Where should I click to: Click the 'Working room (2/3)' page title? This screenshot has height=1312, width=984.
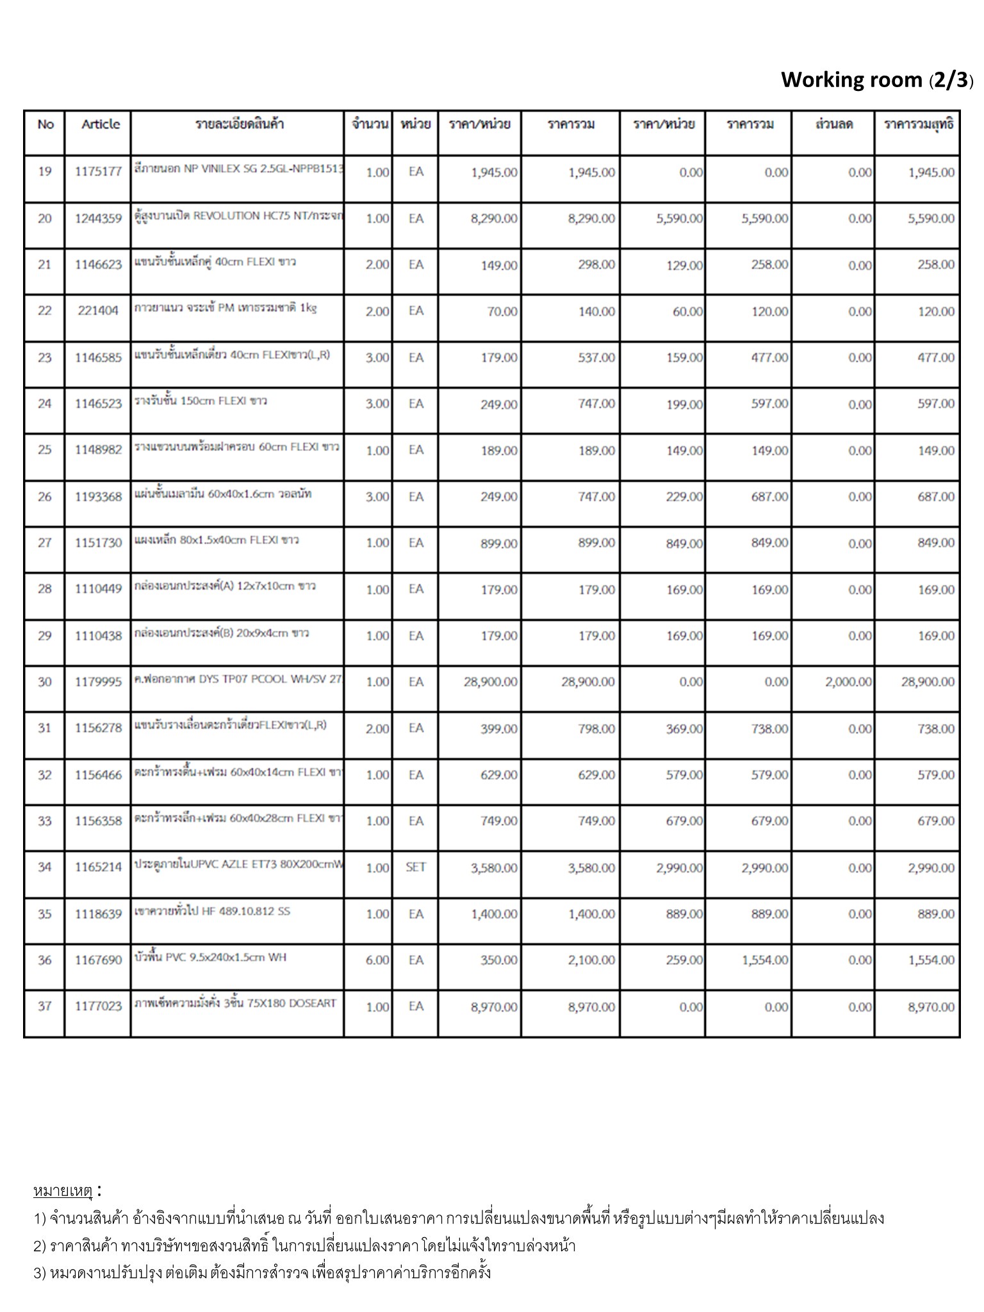pos(876,80)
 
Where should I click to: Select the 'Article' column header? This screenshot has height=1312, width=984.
pos(101,124)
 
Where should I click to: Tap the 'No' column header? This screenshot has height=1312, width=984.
pos(45,124)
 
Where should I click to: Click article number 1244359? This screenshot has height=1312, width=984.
pos(98,218)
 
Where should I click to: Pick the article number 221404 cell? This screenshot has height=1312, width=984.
pos(98,311)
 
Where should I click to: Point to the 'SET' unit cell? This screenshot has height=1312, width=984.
pos(416,867)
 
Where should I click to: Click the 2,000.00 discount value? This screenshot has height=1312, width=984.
pos(848,682)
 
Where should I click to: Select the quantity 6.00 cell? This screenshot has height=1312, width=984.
pos(377,960)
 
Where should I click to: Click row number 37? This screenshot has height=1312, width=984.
pos(44,1006)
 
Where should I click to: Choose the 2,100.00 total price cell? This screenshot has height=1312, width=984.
pos(591,960)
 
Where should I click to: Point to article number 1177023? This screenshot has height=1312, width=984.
pos(98,1006)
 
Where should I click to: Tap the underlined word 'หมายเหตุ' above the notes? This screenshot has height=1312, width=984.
pos(63,1191)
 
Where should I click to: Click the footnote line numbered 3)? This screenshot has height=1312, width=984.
pos(262,1272)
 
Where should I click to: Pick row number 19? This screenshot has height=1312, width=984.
pos(44,172)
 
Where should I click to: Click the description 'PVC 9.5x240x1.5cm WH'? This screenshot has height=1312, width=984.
pos(211,957)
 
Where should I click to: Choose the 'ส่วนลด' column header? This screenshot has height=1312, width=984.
pos(833,124)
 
